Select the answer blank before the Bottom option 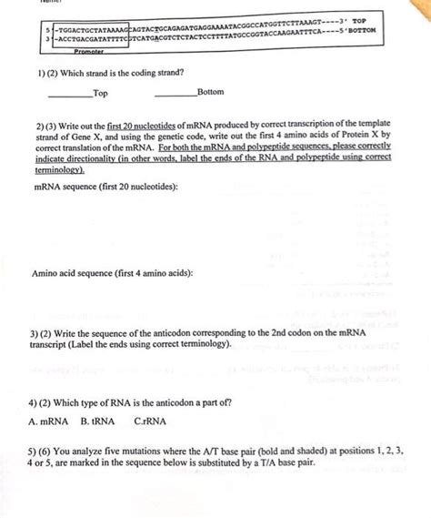[175, 94]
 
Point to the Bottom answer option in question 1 [210, 93]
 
